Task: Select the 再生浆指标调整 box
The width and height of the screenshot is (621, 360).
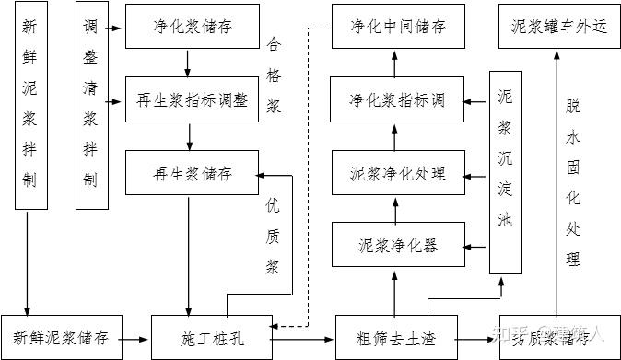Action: coord(193,99)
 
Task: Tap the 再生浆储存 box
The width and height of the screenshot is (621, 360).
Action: coord(193,173)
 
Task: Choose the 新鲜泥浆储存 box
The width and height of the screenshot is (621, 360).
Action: coord(61,337)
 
